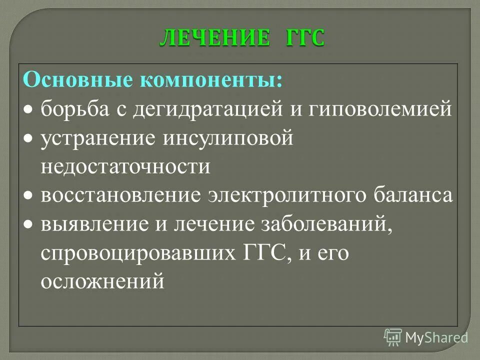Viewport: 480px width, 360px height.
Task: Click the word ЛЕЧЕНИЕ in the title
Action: (x=215, y=38)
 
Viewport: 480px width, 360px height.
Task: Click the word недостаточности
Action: (x=125, y=166)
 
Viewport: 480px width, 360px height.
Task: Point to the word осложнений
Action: (x=102, y=281)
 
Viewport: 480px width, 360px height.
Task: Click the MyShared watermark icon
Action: (x=393, y=337)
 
